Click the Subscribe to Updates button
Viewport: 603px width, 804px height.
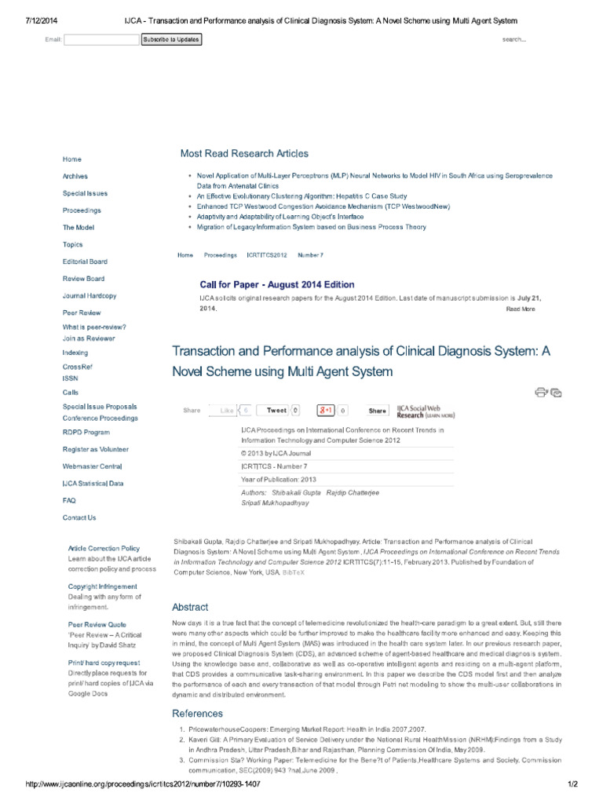(x=171, y=39)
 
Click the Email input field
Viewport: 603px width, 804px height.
(x=100, y=39)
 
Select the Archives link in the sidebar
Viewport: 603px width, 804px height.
(x=75, y=177)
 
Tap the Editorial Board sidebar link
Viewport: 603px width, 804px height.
(x=85, y=261)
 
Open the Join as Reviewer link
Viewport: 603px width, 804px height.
(x=89, y=338)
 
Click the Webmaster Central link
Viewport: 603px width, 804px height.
(x=92, y=466)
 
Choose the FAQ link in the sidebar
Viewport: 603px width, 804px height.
(x=69, y=500)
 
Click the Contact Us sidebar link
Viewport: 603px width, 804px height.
(x=79, y=518)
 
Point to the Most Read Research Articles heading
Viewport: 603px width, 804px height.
(x=244, y=154)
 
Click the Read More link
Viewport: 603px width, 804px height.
(x=520, y=309)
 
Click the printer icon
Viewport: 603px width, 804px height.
(x=541, y=392)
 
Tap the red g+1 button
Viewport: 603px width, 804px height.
(x=326, y=411)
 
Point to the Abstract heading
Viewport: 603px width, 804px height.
(x=190, y=607)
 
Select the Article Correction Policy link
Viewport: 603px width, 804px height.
(x=104, y=548)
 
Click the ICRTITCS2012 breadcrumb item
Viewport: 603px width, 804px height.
(x=267, y=255)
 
